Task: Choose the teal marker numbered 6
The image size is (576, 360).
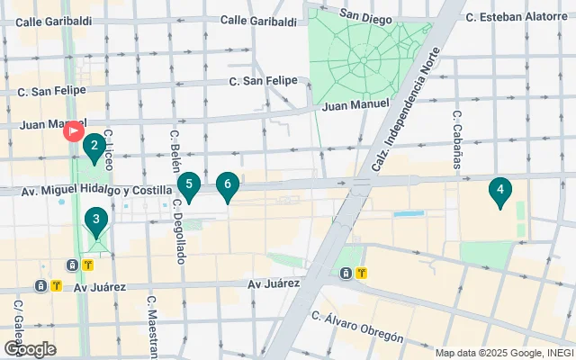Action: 228,186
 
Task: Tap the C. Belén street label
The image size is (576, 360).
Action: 174,149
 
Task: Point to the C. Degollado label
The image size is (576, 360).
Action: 179,232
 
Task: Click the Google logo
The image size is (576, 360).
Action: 29,349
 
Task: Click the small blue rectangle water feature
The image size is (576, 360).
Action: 409,214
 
